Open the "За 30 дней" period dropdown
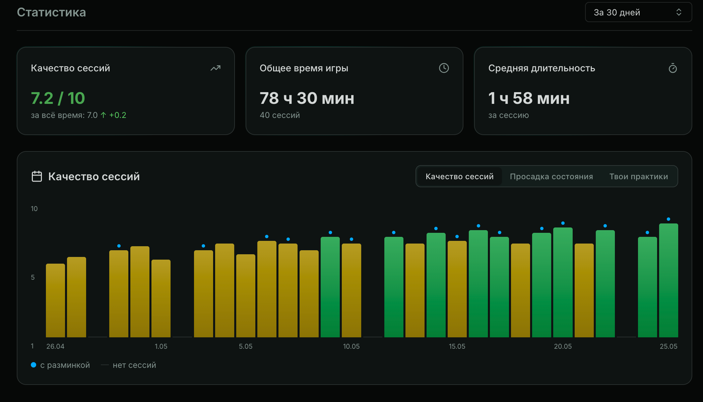point(638,12)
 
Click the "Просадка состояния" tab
point(551,177)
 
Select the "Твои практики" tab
point(639,177)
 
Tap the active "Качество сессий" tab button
point(459,177)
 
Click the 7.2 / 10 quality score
point(58,98)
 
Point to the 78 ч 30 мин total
point(307,98)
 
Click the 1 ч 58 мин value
point(529,98)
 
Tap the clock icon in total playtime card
point(444,68)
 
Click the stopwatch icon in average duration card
point(673,68)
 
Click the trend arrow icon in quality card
point(215,68)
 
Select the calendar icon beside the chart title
point(37,176)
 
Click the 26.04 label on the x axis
point(55,346)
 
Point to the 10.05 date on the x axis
point(351,346)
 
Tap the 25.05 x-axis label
point(668,346)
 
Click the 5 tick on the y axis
point(33,277)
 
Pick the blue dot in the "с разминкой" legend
point(34,365)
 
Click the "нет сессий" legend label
point(134,365)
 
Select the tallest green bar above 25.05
point(668,280)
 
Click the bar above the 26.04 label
point(55,300)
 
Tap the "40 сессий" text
point(280,115)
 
